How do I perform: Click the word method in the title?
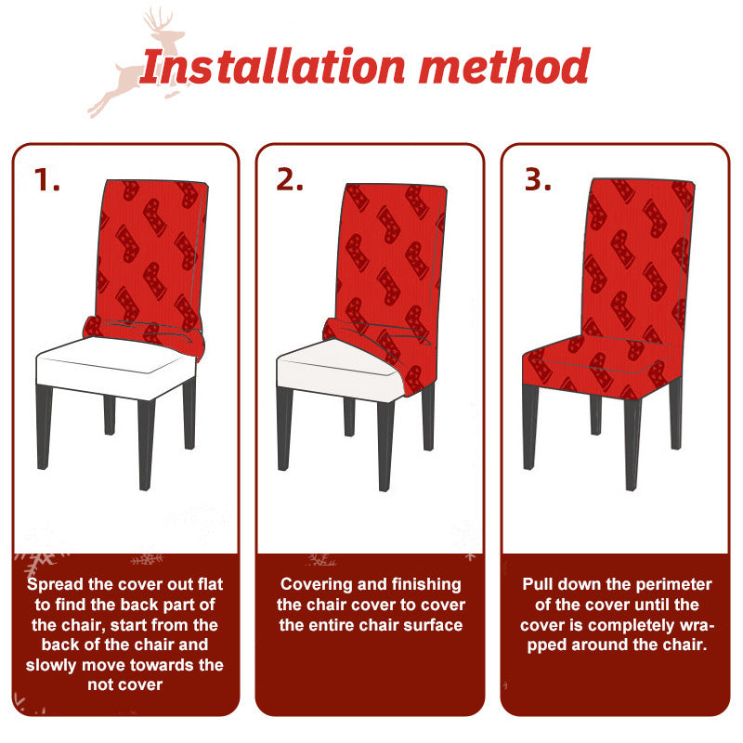coord(504,66)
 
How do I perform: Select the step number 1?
coord(47,180)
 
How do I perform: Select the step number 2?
coord(290,180)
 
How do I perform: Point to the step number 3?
coord(538,180)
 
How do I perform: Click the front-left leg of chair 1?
coord(44,426)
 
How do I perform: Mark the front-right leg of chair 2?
coord(386,446)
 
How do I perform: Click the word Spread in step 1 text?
coord(55,585)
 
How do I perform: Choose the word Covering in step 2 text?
coord(316,585)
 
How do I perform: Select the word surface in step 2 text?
coord(433,625)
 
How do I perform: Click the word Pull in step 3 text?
coord(537,584)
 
